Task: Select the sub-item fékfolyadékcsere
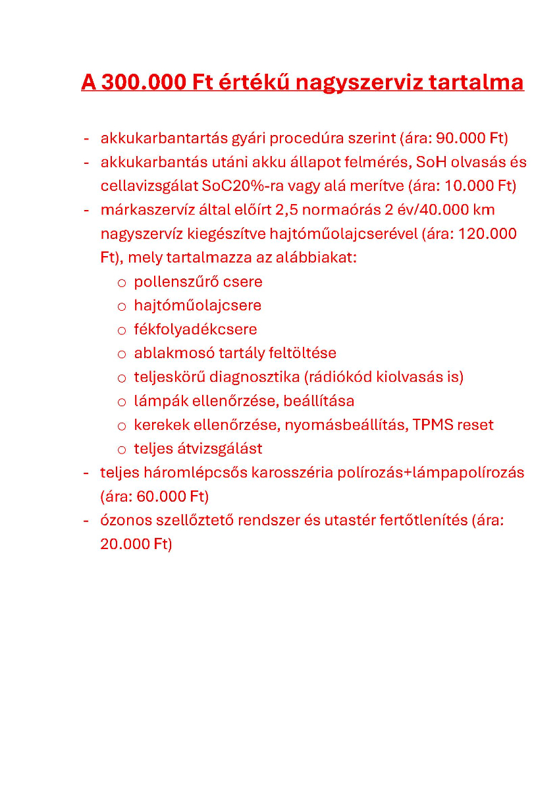[x=196, y=329]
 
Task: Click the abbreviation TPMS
[x=433, y=425]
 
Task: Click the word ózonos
[x=125, y=520]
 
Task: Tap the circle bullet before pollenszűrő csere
[x=121, y=282]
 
